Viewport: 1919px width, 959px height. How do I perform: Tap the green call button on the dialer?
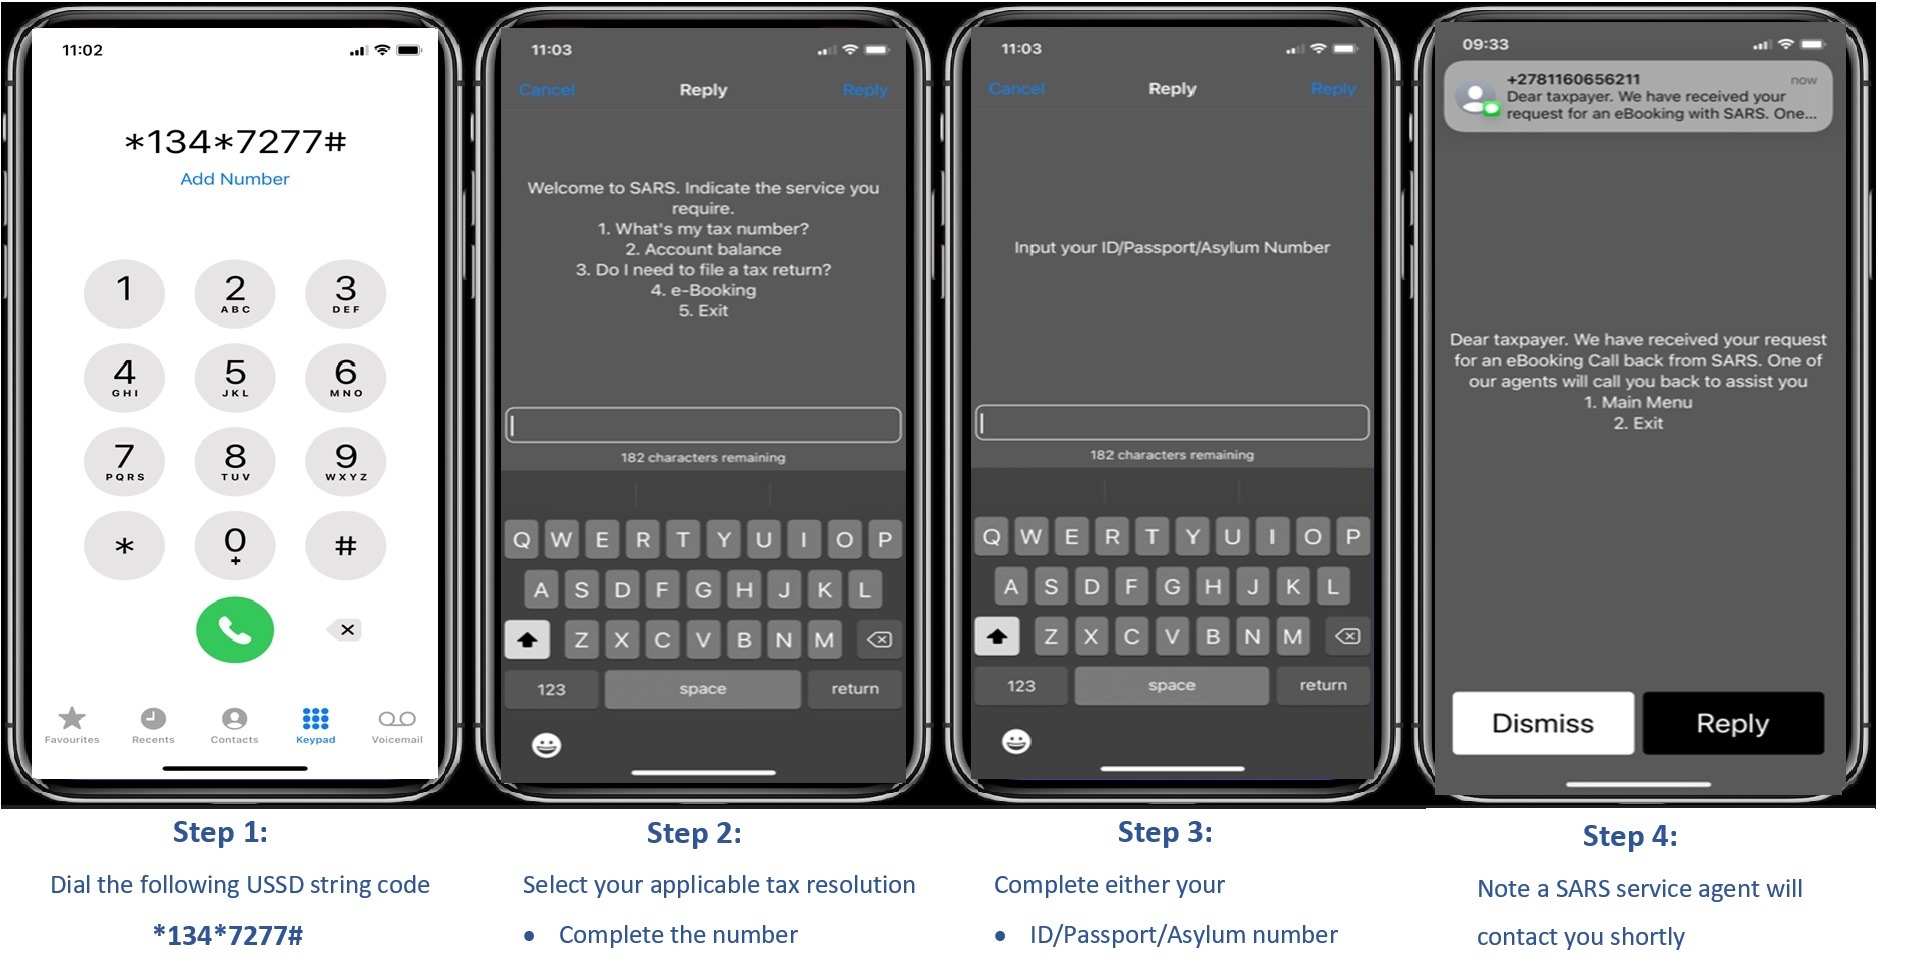234,630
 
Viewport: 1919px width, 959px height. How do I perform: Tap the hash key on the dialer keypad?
345,546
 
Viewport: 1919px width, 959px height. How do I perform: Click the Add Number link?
235,179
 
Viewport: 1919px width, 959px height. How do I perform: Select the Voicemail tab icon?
397,719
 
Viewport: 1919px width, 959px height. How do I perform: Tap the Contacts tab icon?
234,719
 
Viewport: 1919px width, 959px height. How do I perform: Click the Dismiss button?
1543,723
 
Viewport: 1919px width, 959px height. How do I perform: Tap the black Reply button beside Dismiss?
1733,723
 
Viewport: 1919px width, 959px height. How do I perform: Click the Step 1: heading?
220,832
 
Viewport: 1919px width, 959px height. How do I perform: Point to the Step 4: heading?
1630,836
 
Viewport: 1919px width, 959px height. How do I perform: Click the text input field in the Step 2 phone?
703,425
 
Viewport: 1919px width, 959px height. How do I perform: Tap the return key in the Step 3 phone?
1323,685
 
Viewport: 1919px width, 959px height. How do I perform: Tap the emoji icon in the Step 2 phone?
546,745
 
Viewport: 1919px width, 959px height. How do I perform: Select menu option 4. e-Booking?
703,290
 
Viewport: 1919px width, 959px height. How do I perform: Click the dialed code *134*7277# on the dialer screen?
235,142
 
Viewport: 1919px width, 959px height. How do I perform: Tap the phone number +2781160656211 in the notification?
1573,79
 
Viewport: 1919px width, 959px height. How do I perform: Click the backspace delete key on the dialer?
345,630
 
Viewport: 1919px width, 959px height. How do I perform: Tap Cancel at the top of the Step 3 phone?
1016,88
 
